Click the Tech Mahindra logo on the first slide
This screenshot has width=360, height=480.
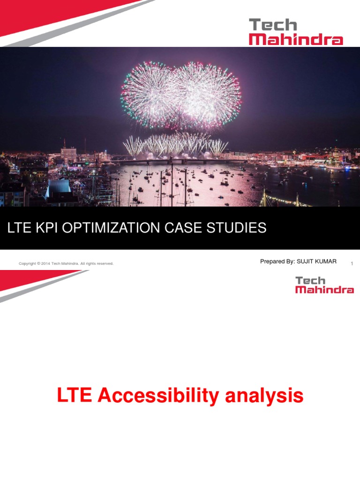(295, 32)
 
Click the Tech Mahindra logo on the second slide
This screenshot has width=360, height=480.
(324, 285)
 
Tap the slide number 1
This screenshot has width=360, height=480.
(352, 264)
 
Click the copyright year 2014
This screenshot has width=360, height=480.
(45, 264)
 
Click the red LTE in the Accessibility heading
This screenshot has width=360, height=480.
(75, 396)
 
